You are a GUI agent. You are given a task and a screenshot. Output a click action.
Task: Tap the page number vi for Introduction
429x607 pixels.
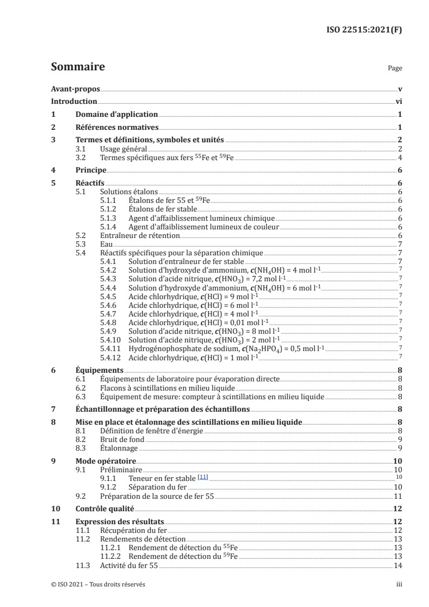point(399,102)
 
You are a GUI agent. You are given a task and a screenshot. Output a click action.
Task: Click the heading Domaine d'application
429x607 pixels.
point(116,115)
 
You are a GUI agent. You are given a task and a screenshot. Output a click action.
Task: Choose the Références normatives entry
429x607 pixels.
point(117,128)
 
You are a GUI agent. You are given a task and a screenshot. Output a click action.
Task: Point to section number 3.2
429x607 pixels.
point(82,157)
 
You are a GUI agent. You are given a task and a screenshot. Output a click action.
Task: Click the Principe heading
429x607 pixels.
point(91,170)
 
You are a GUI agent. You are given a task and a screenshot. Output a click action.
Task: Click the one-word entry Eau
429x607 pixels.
point(107,244)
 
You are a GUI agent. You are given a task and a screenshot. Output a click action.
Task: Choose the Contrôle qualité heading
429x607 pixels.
point(104,509)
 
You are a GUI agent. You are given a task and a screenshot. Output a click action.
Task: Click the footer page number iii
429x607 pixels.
point(399,585)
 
